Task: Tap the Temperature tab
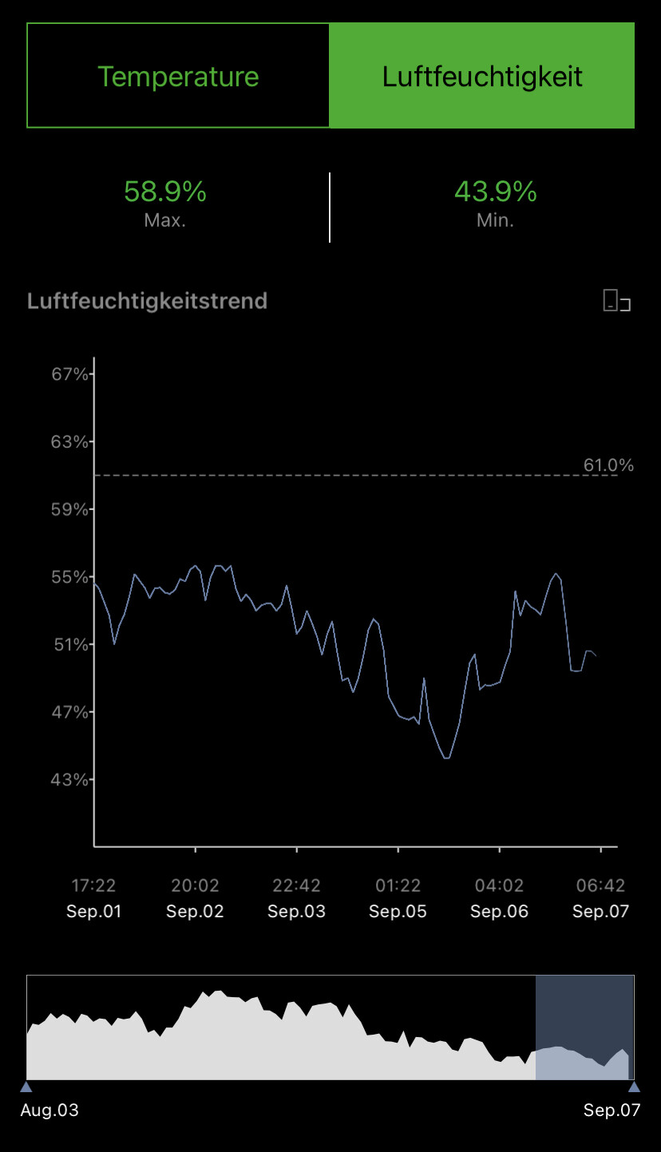[x=178, y=77]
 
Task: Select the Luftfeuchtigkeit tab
[x=482, y=77]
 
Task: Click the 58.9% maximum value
[x=165, y=192]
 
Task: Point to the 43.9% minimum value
[x=495, y=192]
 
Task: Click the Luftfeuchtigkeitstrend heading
[x=147, y=301]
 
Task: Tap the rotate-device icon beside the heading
[x=616, y=301]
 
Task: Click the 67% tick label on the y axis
[x=69, y=374]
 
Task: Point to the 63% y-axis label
[x=69, y=441]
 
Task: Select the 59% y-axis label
[x=69, y=509]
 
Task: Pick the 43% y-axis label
[x=69, y=779]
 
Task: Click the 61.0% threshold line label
[x=608, y=465]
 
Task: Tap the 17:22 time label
[x=93, y=885]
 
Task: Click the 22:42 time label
[x=296, y=885]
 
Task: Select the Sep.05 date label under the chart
[x=398, y=912]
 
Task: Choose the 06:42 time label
[x=600, y=885]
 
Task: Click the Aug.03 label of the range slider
[x=49, y=1110]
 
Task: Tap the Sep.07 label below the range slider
[x=612, y=1110]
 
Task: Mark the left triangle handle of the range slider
[x=26, y=1087]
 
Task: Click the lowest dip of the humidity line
[x=446, y=758]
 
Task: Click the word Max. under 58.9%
[x=165, y=220]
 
